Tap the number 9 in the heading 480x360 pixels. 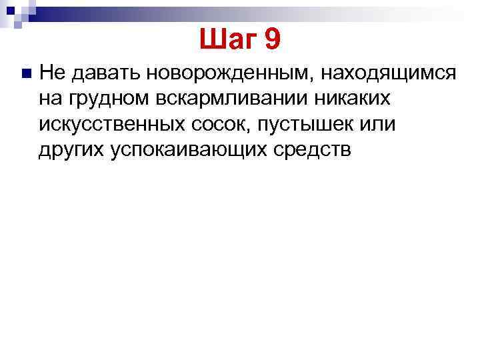pos(273,41)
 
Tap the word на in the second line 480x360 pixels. pos(49,99)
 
